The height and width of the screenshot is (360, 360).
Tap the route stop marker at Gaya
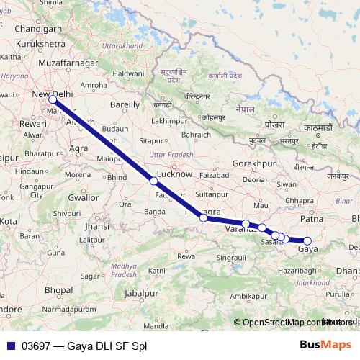(307, 241)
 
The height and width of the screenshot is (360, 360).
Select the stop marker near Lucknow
(153, 181)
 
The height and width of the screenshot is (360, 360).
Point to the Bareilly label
(124, 104)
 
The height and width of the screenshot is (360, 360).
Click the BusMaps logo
(325, 346)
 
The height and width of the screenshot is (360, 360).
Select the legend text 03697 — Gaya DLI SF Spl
(84, 346)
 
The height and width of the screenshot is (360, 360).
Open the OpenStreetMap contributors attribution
(288, 323)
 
